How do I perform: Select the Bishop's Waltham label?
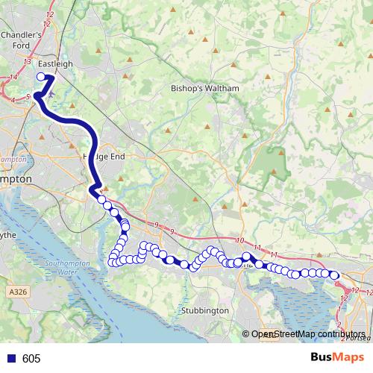(x=204, y=88)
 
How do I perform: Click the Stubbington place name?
(x=204, y=310)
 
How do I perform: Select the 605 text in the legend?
(x=32, y=359)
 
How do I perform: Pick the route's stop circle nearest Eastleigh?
(x=41, y=76)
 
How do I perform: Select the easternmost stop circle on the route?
(x=335, y=275)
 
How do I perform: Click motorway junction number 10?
(x=239, y=239)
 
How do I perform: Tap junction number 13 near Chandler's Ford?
(x=28, y=61)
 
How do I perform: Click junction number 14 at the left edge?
(x=13, y=78)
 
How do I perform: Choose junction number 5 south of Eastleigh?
(x=28, y=96)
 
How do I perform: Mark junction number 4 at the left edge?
(x=13, y=99)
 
